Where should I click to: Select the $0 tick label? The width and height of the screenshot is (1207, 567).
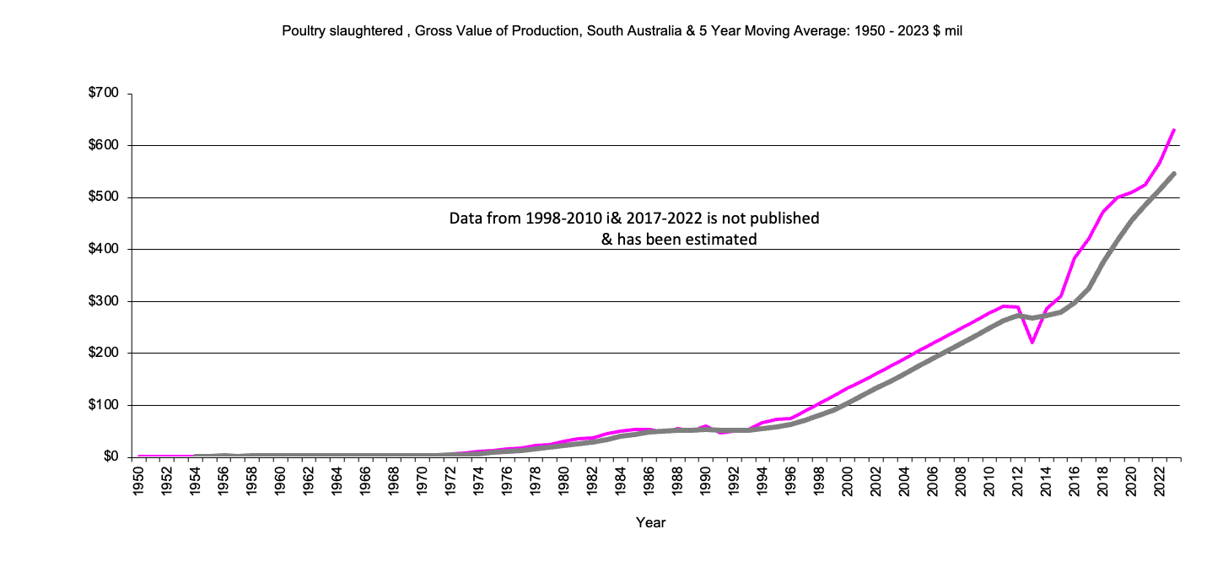[x=111, y=457]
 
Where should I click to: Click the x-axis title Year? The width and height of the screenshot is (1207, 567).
[x=650, y=523]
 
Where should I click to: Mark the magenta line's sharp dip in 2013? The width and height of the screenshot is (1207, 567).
[x=1032, y=343]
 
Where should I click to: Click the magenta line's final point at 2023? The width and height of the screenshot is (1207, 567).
[x=1174, y=130]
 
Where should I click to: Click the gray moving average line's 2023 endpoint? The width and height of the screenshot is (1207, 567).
[x=1174, y=174]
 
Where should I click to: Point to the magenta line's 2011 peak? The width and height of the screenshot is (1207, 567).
[x=1004, y=306]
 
